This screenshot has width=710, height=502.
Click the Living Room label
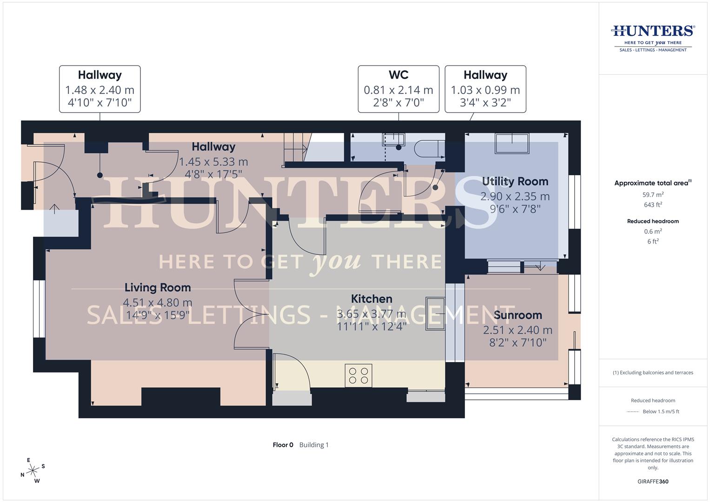pyautogui.click(x=158, y=288)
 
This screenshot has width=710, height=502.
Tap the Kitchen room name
pyautogui.click(x=372, y=299)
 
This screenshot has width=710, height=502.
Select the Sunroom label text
pyautogui.click(x=518, y=315)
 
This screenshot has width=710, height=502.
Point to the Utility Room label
pyautogui.click(x=515, y=181)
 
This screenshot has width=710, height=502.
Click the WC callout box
pyautogui.click(x=398, y=89)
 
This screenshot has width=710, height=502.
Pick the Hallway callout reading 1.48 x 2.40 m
pyautogui.click(x=100, y=89)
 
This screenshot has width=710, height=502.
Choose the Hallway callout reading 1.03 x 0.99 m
pyautogui.click(x=485, y=89)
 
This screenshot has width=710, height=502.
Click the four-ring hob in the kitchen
pyautogui.click(x=358, y=376)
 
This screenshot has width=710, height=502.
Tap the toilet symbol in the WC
pyautogui.click(x=427, y=148)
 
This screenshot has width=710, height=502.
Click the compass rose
pyautogui.click(x=33, y=470)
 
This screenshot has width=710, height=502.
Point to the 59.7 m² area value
pyautogui.click(x=653, y=195)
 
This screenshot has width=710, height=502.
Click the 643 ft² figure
pyautogui.click(x=653, y=205)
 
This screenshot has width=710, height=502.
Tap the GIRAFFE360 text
pyautogui.click(x=653, y=482)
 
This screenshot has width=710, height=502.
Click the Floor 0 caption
pyautogui.click(x=283, y=445)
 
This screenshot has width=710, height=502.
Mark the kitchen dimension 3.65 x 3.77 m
pyautogui.click(x=372, y=314)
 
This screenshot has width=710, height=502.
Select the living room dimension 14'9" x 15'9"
pyautogui.click(x=158, y=316)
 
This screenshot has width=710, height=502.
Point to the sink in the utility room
pyautogui.click(x=512, y=143)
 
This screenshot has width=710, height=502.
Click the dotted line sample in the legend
pyautogui.click(x=633, y=412)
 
